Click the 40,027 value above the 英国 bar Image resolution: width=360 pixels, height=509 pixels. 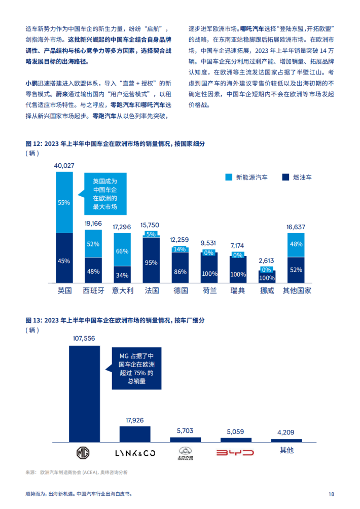[64, 166]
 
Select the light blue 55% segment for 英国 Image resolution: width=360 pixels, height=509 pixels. [64, 202]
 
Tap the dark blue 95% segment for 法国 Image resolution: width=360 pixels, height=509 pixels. [151, 263]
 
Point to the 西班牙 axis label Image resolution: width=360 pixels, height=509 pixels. [93, 291]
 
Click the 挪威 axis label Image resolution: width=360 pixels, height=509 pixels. [267, 291]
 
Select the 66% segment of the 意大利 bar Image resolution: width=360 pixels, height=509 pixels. [122, 251]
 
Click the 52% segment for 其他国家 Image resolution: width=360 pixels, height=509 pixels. [296, 270]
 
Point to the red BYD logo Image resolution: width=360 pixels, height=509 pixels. [235, 452]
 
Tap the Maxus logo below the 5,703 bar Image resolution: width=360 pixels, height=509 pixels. [186, 452]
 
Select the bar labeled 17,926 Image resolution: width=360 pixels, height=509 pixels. [134, 434]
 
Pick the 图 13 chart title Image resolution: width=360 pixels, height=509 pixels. [115, 320]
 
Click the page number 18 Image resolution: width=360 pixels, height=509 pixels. [331, 494]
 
